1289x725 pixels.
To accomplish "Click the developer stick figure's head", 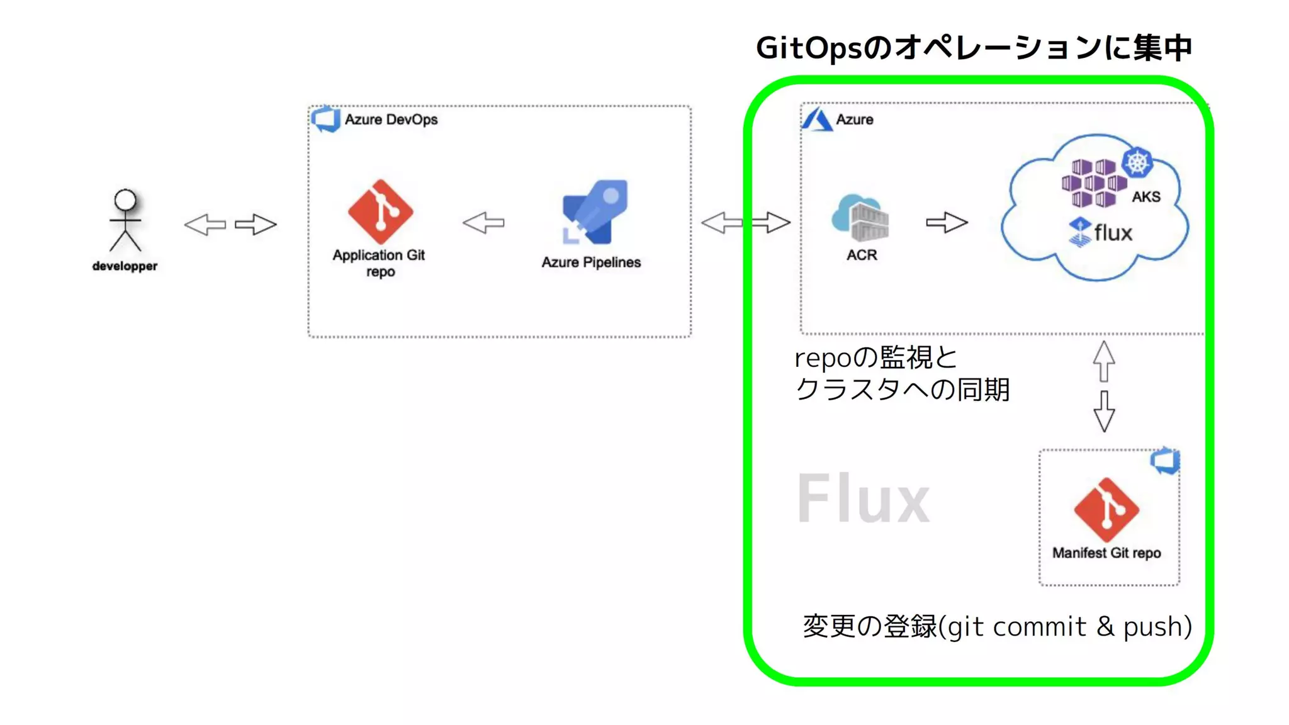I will click(x=125, y=200).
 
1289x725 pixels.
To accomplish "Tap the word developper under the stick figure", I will click(x=125, y=266).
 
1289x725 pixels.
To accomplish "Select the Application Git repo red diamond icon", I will click(x=380, y=211).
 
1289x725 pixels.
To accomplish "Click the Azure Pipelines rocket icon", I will click(x=595, y=212).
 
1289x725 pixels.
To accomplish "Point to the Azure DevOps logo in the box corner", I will click(x=326, y=119).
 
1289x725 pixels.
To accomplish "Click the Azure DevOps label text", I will click(x=391, y=120).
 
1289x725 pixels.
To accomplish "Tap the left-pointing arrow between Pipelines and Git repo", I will click(x=483, y=223).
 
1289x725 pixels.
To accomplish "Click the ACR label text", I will click(x=862, y=255).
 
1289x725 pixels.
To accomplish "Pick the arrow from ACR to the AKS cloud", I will click(x=947, y=222).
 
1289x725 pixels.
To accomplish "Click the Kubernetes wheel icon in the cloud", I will click(x=1137, y=162).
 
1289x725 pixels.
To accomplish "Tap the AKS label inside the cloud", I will click(x=1146, y=197).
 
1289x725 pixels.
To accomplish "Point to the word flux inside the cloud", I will click(x=1113, y=233).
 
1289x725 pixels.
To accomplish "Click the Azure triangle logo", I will click(x=817, y=119).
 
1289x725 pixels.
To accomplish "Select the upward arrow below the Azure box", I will click(x=1104, y=361).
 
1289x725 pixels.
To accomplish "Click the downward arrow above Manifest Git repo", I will click(x=1104, y=411).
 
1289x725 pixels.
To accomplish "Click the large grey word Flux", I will click(x=863, y=499).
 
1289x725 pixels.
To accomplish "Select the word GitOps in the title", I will click(x=808, y=48).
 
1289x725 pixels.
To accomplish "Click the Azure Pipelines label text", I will click(x=591, y=262).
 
